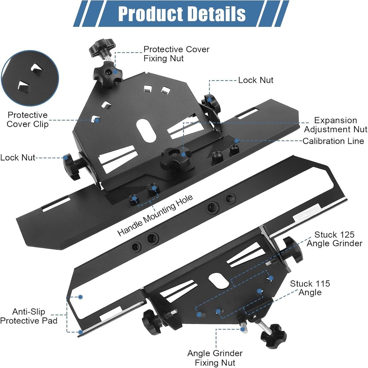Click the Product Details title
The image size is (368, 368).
[182, 14]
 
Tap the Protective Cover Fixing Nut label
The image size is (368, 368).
[176, 54]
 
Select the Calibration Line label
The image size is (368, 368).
[333, 141]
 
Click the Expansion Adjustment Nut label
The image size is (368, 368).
[336, 125]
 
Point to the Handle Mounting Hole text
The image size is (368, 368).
[155, 215]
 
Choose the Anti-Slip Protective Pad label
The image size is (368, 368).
[29, 316]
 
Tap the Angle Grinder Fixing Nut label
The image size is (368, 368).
[215, 358]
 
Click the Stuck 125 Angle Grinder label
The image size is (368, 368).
[335, 239]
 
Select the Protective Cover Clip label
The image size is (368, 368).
[28, 120]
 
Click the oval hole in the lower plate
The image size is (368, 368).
[219, 281]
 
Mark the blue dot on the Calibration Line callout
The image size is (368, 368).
[237, 141]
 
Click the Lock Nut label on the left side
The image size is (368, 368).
[18, 158]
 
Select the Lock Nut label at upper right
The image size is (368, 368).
[256, 80]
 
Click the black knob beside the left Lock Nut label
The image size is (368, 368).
[72, 166]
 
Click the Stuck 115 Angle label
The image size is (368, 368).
[310, 288]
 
